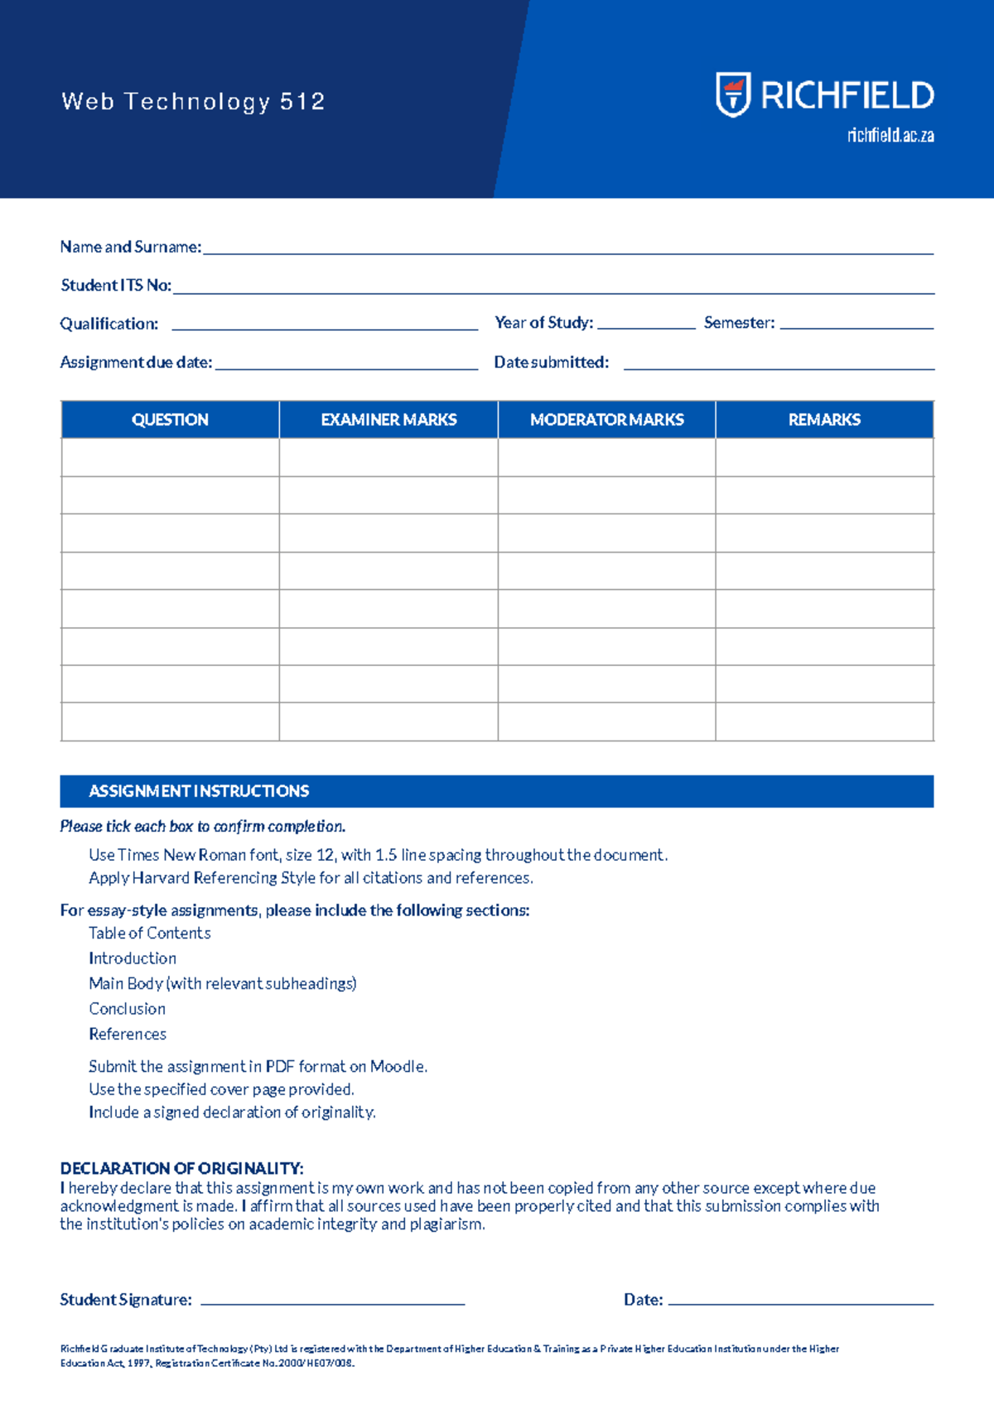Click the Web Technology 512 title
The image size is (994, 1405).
[193, 102]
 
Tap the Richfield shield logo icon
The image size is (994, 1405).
[733, 94]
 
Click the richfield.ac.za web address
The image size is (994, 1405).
[890, 136]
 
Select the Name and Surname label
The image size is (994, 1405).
[130, 247]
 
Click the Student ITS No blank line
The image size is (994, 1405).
[553, 292]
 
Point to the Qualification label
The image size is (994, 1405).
[109, 324]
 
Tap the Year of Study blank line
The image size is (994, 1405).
[646, 327]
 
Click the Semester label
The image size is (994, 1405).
[739, 323]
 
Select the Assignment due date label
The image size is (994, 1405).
[136, 363]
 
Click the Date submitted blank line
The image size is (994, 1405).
[779, 367]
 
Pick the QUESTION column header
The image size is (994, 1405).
[170, 420]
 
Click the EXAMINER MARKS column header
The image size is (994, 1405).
[388, 420]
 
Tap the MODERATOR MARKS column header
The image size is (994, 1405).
[606, 420]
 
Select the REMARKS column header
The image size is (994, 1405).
[824, 420]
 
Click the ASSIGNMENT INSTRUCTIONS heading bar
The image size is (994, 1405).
[496, 791]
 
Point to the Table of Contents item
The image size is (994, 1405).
[149, 934]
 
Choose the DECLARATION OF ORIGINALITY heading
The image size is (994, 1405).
[181, 1169]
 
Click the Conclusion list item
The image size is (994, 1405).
[127, 1009]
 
